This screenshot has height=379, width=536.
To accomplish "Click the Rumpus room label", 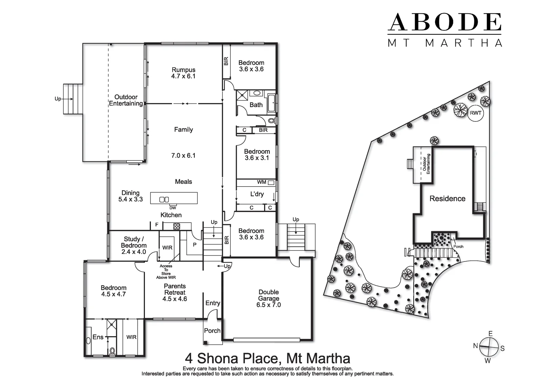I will coord(183,73).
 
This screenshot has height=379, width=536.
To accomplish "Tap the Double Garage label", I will coord(269,298).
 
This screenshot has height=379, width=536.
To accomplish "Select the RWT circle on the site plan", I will coord(475,113).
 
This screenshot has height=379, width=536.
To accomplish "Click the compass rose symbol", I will coord(489,347).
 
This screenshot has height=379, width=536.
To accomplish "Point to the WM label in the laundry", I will coord(261,182).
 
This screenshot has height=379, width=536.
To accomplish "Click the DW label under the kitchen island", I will coord(173,208).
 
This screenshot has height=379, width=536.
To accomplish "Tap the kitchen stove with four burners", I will coord(176,226).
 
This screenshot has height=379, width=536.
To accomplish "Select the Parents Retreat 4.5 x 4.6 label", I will coord(175,292).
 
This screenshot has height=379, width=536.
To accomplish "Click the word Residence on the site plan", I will coord(447,199).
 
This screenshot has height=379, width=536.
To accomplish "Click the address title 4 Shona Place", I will coord(267,358).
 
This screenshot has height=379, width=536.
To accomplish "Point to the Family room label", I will coord(183,129).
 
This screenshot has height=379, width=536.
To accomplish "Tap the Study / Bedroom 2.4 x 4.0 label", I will coord(133,245).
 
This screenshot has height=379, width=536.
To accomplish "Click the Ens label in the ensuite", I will coord(98,337).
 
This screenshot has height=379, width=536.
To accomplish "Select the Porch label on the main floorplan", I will coord(212,331).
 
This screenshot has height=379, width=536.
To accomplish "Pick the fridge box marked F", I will coord(156,225).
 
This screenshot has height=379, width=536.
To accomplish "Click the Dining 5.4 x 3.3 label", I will coord(130,196).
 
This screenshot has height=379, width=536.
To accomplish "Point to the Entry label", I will coord(213,303).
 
